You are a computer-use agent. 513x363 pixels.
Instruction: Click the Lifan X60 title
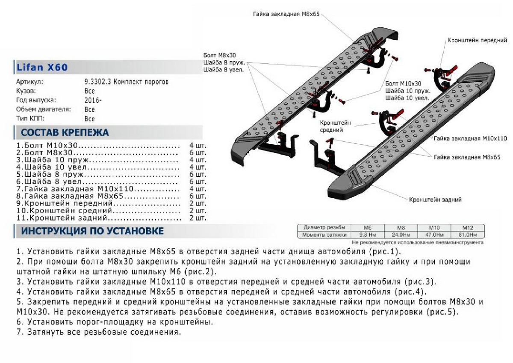tap(42, 67)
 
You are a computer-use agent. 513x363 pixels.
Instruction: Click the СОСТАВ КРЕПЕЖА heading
tap(65, 132)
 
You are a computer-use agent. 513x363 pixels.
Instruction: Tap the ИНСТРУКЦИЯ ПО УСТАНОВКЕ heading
tap(92, 231)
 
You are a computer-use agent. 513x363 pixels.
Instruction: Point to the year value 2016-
tap(93, 100)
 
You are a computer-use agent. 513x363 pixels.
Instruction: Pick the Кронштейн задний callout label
tap(435, 199)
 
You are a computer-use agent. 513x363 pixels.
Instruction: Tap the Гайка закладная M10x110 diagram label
tap(470, 139)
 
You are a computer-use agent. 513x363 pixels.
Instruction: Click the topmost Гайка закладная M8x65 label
tap(286, 14)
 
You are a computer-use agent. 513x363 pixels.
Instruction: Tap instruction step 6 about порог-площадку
tap(115, 321)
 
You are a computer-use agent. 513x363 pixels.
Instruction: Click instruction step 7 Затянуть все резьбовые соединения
tap(99, 332)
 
